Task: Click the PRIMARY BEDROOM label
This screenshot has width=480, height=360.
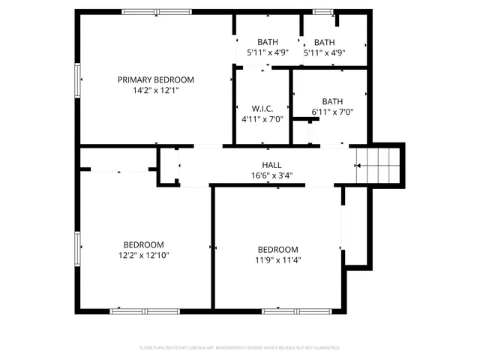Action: (155, 79)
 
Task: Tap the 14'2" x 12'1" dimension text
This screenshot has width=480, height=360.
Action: (155, 90)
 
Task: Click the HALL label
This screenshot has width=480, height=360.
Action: (271, 165)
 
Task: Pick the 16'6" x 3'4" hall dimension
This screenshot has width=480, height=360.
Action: (271, 176)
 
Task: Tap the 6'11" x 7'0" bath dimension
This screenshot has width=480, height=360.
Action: (332, 112)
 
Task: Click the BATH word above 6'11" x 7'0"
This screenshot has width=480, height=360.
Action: (332, 101)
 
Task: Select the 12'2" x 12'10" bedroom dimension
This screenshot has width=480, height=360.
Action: (143, 256)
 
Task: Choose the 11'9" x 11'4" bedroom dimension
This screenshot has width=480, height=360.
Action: (277, 261)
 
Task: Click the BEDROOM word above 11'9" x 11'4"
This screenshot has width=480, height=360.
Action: (277, 250)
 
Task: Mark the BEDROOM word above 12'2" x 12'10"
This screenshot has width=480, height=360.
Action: (143, 244)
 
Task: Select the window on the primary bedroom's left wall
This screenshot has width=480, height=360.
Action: (77, 79)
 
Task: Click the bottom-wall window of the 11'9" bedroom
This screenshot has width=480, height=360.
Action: (291, 310)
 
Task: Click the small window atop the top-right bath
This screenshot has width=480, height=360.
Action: (322, 11)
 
